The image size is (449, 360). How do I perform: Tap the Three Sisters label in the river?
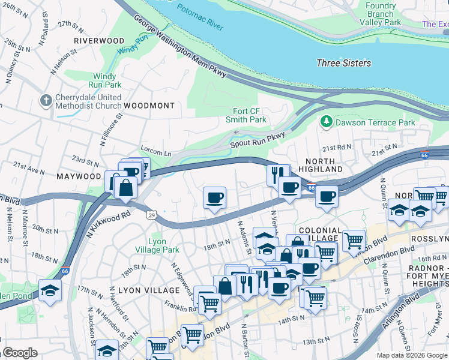pos(343,63)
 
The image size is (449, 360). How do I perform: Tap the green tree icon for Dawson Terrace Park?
pos(327,122)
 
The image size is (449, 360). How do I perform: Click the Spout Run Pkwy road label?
pos(257,140)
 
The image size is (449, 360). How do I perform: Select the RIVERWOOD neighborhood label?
pos(99,41)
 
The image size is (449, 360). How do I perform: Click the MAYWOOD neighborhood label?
pos(79,176)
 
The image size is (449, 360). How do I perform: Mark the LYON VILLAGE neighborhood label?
pos(142,290)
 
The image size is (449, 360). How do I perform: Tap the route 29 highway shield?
pos(153,215)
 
